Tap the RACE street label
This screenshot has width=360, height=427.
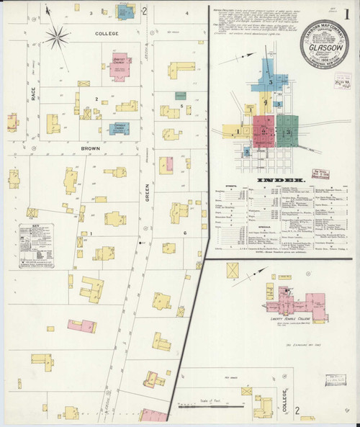pos(33,94)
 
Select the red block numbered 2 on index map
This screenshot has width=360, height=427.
pos(264,132)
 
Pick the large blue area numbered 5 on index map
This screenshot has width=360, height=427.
pos(269,81)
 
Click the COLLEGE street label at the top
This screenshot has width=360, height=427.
pos(107,33)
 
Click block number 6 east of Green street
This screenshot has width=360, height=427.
pos(184,233)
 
